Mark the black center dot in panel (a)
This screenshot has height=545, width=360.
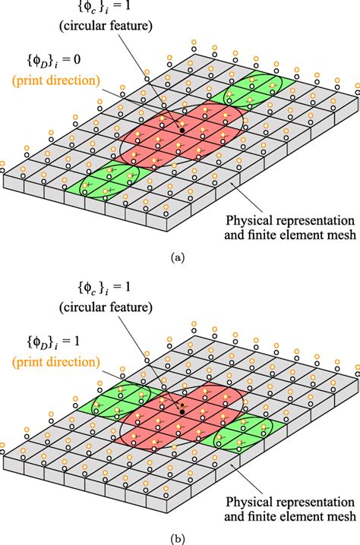coord(182,131)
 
